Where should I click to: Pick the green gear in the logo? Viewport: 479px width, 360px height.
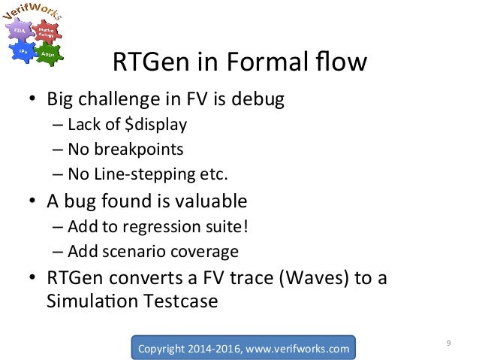pos(46,52)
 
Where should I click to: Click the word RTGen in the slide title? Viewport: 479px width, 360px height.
pos(146,62)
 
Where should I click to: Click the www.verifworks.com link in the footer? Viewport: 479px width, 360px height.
pos(300,348)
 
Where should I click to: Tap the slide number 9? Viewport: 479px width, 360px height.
pos(447,344)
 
